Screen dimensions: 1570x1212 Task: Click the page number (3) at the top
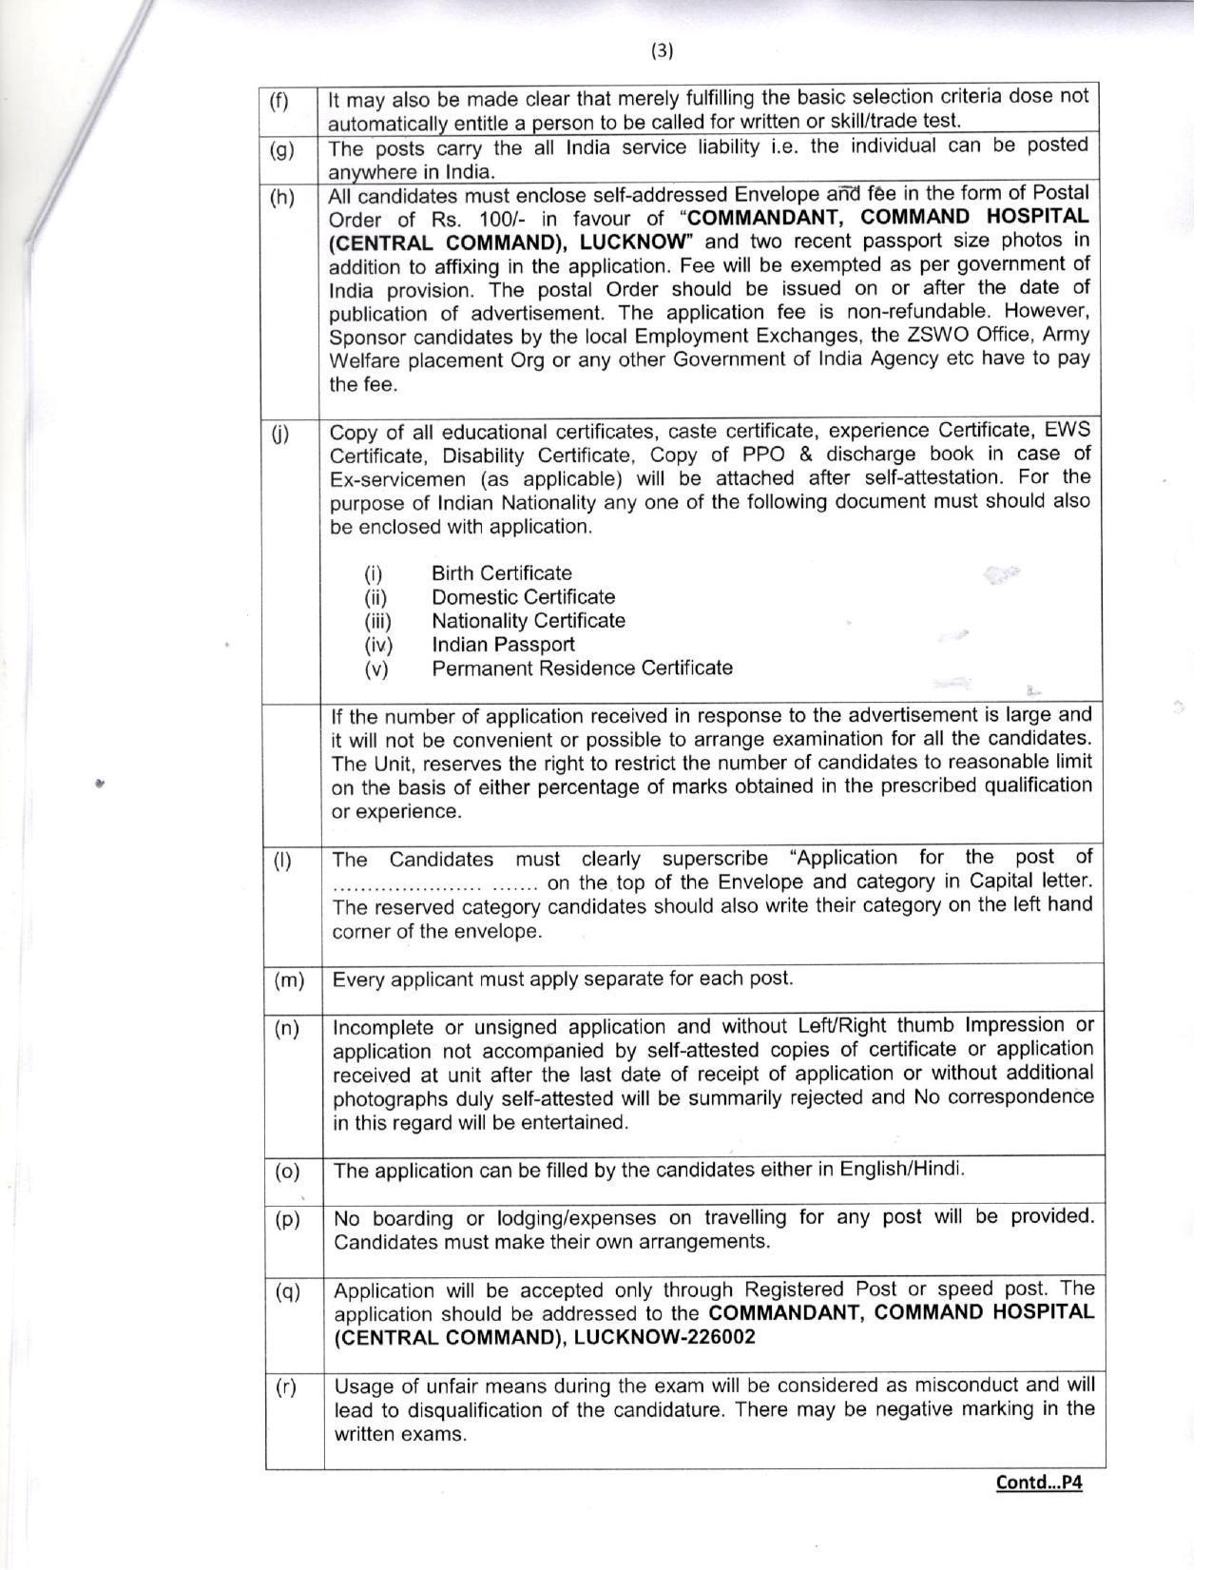coord(662,50)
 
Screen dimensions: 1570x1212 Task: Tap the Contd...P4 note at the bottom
coord(1038,1482)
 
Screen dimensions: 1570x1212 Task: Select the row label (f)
coord(279,102)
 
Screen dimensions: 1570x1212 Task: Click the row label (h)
coord(282,198)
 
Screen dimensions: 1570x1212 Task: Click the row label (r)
coord(286,1387)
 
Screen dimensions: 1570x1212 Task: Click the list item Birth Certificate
coord(501,573)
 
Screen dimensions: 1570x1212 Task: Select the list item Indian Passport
coord(503,645)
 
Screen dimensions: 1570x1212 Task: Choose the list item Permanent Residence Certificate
coord(582,668)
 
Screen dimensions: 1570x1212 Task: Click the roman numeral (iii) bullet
coord(377,622)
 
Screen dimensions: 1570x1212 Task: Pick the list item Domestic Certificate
coord(523,597)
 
